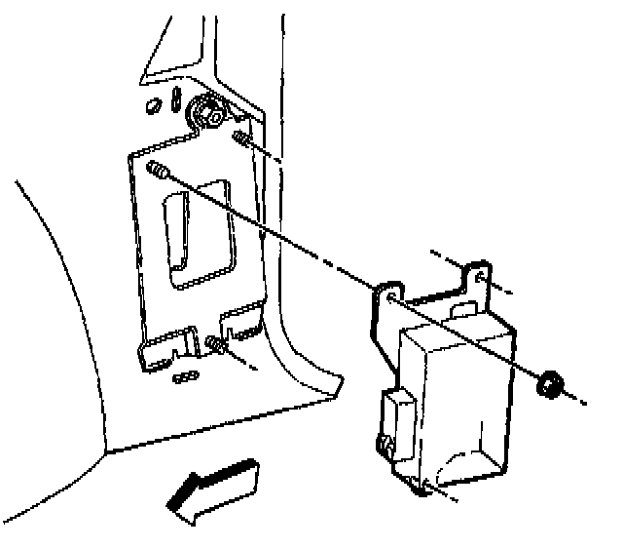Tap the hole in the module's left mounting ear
click(391, 295)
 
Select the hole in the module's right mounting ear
click(480, 276)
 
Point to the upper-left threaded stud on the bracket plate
click(158, 173)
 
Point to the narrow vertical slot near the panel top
click(175, 100)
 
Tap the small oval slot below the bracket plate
click(185, 375)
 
